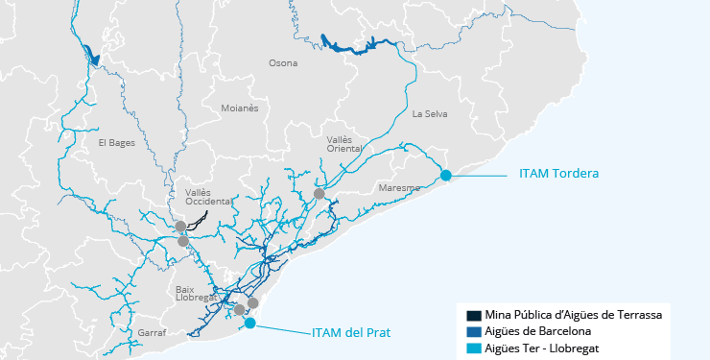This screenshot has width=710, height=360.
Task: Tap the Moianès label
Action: point(240,108)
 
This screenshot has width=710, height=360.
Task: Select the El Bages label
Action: point(116,143)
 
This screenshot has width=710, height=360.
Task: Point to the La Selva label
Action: point(430,113)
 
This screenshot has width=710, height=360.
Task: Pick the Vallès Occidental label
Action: point(207,197)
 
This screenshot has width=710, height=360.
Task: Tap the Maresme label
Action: point(399,187)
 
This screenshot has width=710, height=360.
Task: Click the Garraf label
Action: point(152,332)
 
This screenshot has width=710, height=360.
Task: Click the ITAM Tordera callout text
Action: point(558,174)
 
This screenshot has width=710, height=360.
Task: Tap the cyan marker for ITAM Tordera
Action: point(446,175)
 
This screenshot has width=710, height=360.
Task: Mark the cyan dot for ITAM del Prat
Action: point(249,324)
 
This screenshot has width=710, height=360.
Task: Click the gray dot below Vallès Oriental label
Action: point(319,194)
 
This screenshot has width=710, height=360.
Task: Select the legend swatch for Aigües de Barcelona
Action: point(473,331)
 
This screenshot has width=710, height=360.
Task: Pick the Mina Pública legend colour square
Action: point(473,315)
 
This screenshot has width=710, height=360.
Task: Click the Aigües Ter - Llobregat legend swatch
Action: point(473,348)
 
